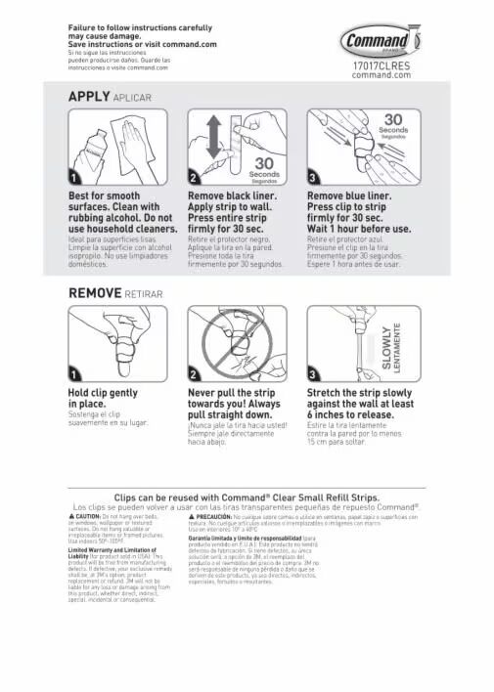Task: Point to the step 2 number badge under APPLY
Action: pyautogui.click(x=194, y=177)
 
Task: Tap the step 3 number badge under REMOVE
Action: pyautogui.click(x=315, y=372)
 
